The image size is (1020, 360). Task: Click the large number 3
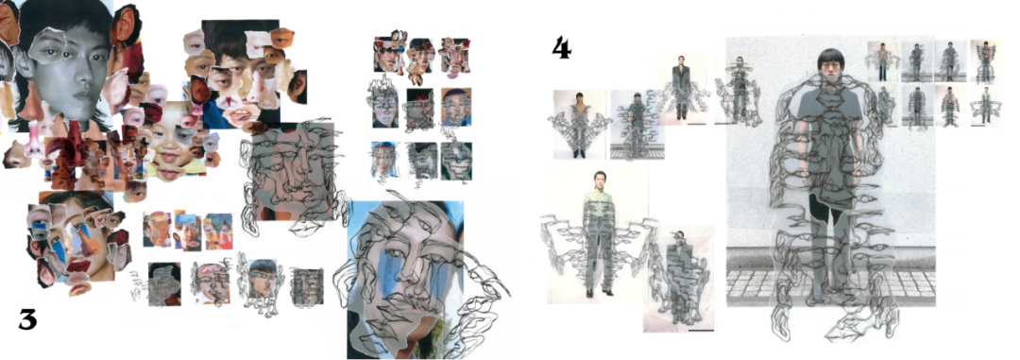click(x=26, y=319)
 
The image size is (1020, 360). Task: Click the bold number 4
click(x=561, y=48)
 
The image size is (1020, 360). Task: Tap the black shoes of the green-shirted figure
click(x=599, y=293)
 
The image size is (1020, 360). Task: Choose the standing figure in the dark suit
click(x=680, y=88)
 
